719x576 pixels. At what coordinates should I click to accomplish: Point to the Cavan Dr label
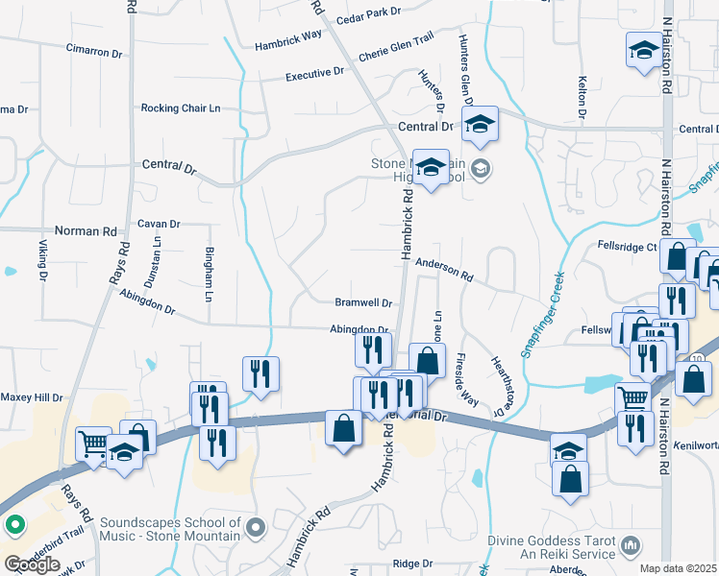pyautogui.click(x=159, y=224)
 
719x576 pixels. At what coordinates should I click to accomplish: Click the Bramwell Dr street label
pyautogui.click(x=363, y=302)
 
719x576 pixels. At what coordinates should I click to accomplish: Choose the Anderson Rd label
pyautogui.click(x=444, y=269)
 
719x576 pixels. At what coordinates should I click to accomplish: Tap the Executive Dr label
pyautogui.click(x=314, y=73)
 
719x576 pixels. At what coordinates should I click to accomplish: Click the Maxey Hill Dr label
pyautogui.click(x=32, y=396)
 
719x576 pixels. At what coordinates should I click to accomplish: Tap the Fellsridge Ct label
pyautogui.click(x=626, y=247)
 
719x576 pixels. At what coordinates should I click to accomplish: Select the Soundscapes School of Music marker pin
pyautogui.click(x=255, y=527)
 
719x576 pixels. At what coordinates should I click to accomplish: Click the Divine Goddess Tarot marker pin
pyautogui.click(x=632, y=545)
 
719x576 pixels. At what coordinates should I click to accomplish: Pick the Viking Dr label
pyautogui.click(x=43, y=266)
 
